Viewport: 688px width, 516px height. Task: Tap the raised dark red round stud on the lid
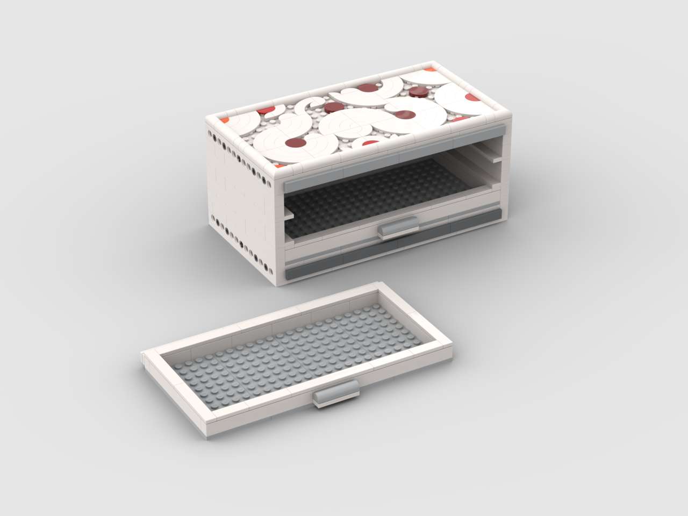pos(418,93)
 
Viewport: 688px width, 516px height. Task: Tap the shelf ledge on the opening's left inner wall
pos(289,214)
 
